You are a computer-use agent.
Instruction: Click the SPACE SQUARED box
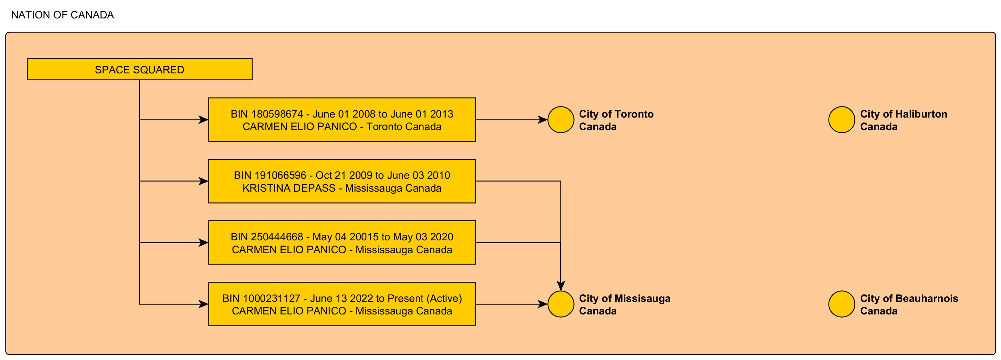[139, 69]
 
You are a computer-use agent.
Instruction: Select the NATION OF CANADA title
[63, 15]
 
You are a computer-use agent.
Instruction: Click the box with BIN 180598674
[342, 120]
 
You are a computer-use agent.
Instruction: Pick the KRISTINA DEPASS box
[342, 181]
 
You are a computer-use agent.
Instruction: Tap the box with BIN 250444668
[342, 242]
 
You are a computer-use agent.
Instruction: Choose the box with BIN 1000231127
[342, 304]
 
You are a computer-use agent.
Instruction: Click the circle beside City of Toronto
[561, 120]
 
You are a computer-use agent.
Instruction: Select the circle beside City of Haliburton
[842, 120]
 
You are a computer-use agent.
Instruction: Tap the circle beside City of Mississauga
[561, 304]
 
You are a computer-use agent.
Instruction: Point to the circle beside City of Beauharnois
[842, 304]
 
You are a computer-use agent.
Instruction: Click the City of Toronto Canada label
[616, 120]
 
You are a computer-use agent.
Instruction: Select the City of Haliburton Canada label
[903, 120]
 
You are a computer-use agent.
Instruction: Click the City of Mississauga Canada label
[625, 304]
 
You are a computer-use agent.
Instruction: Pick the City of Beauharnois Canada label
[909, 304]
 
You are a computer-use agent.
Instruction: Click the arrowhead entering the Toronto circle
[543, 120]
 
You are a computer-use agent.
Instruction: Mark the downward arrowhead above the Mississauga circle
[561, 286]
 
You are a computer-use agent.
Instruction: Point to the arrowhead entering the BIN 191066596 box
[204, 181]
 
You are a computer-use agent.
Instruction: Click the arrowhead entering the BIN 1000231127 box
[204, 304]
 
